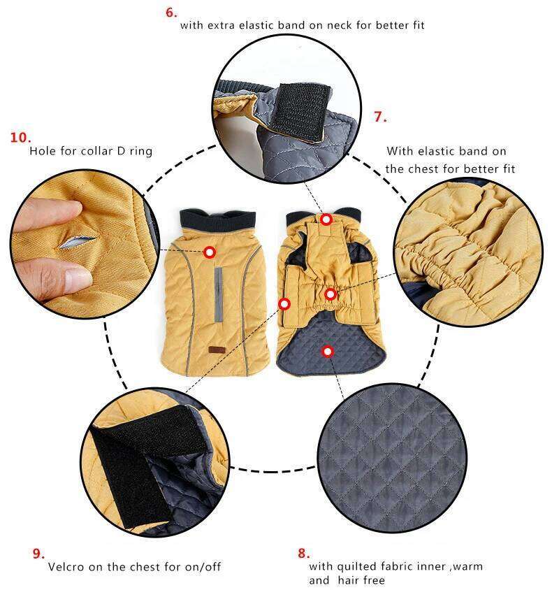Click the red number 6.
pos(172,12)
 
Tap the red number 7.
pos(380,117)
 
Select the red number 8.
pos(303,553)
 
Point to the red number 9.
pos(38,553)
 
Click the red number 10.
pos(20,137)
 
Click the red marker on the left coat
pos(209,252)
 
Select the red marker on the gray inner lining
pos(327,351)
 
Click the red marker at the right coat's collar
pos(326,219)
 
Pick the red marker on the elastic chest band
pos(331,294)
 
